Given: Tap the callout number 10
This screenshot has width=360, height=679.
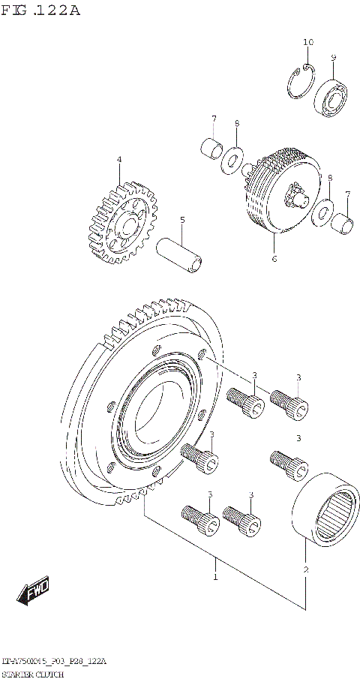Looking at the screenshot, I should click(x=307, y=42).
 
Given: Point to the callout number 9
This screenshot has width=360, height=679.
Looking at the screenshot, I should click(x=334, y=58).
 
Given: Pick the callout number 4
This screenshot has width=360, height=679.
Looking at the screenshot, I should click(x=118, y=159).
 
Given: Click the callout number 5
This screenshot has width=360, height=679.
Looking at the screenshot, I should click(x=181, y=220).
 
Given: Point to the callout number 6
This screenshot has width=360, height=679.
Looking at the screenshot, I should click(x=274, y=259).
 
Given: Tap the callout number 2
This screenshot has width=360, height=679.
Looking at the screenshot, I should click(x=305, y=570).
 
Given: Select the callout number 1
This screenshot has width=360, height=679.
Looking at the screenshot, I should click(x=215, y=577).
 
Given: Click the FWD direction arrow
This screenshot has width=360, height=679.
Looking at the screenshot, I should click(x=34, y=592).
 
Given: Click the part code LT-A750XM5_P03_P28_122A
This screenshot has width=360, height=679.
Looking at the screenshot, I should click(x=54, y=662).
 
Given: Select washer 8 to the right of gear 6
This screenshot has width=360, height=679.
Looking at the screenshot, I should click(x=324, y=212).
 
